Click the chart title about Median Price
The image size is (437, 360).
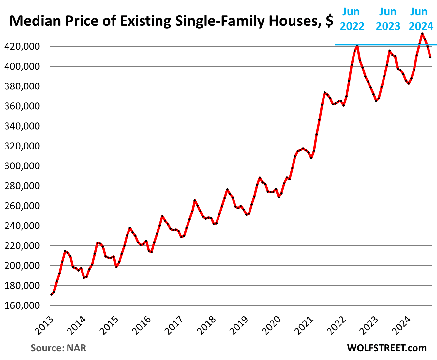coord(171,21)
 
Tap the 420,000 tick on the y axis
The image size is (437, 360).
coord(22,47)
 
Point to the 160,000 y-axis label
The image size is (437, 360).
coord(22,306)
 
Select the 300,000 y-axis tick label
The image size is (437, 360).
coord(22,166)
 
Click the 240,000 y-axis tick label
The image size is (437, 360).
coord(22,226)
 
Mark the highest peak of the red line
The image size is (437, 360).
coord(422,34)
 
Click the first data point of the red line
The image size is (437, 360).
coord(52,294)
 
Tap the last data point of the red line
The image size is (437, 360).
coord(430,57)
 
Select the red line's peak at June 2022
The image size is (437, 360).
coord(357,46)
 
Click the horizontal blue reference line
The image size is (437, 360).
coord(375,45)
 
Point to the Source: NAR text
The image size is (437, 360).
coord(58,348)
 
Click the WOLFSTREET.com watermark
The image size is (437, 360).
coord(387,348)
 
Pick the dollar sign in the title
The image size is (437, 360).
coord(329,21)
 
